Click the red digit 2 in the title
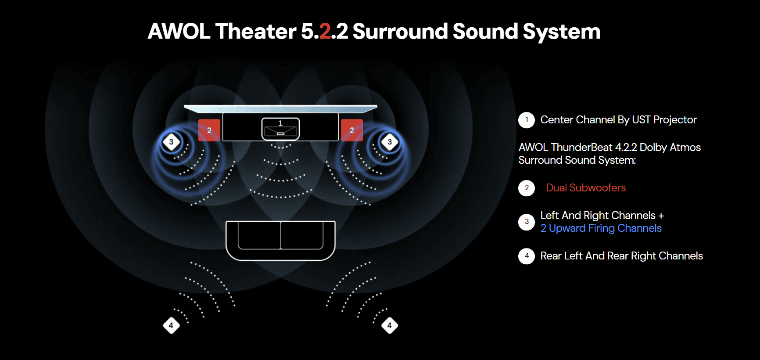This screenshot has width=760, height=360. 325,32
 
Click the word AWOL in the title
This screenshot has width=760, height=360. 179,32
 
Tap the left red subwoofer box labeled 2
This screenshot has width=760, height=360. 209,130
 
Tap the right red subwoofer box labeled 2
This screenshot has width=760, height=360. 352,130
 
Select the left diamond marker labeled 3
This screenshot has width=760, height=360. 171,142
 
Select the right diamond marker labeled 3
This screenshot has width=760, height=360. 390,142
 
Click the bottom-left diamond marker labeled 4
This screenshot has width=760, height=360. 171,325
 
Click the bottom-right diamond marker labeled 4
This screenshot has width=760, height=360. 390,325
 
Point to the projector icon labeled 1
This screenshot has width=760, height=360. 281,129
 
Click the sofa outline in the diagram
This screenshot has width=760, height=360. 281,240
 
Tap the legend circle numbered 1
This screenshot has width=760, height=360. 527,120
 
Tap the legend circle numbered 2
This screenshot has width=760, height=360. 527,188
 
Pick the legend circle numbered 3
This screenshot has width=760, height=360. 527,222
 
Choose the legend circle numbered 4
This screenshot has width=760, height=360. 527,256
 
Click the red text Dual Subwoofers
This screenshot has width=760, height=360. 586,188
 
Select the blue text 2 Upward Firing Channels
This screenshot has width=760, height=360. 601,228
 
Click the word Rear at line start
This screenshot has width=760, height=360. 551,256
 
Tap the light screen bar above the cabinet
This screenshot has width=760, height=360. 281,108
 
